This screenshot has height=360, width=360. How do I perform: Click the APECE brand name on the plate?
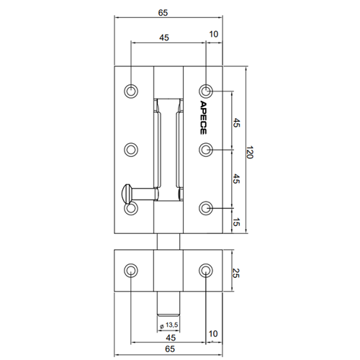(203, 117)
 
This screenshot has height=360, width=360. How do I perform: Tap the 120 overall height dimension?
(250, 152)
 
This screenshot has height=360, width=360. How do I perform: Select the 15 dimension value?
(236, 222)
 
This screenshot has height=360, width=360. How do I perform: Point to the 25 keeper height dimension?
(236, 273)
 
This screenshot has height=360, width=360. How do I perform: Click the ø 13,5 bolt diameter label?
(169, 325)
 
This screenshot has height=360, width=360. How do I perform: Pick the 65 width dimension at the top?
(163, 13)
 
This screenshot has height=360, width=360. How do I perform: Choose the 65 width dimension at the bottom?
(170, 348)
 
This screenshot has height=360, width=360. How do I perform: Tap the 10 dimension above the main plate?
(214, 35)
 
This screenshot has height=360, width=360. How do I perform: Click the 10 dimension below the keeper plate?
(213, 334)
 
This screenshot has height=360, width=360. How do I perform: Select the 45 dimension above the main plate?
(164, 37)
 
